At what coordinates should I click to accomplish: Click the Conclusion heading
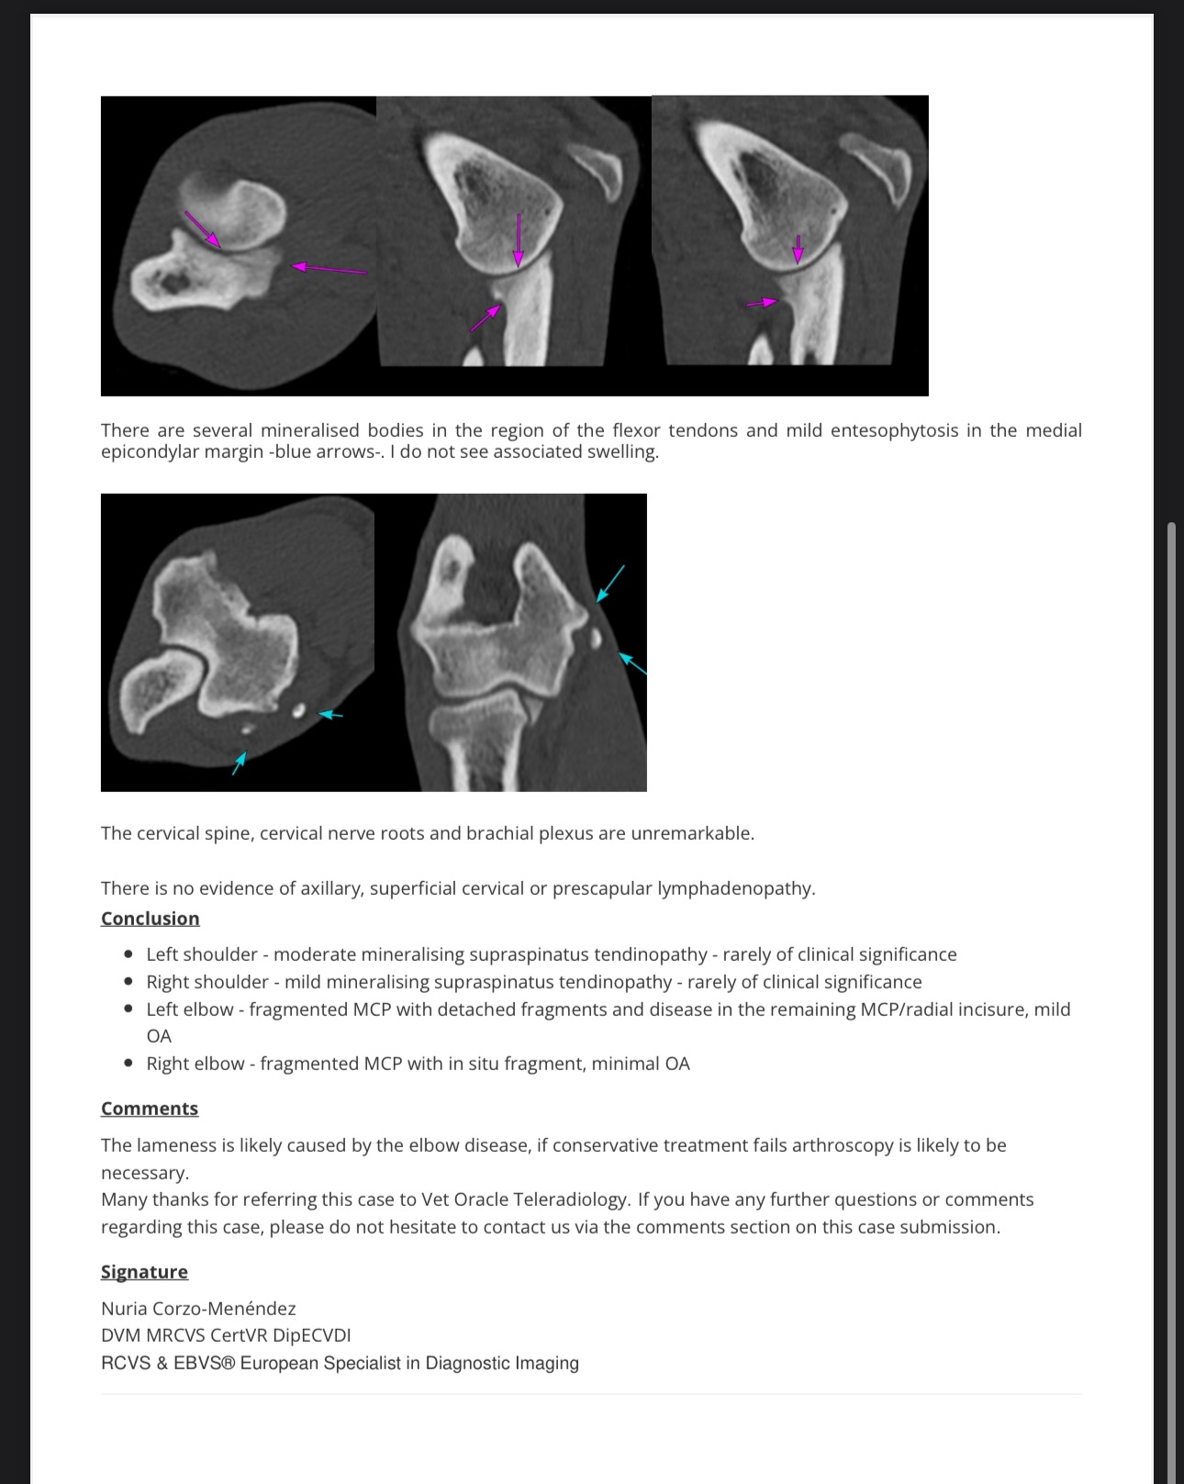[x=150, y=919]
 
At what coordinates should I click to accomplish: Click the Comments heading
[x=149, y=1109]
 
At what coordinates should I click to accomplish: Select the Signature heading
[x=144, y=1272]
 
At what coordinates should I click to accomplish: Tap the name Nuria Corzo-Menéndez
[x=198, y=1309]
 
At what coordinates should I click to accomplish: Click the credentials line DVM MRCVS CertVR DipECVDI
[x=226, y=1335]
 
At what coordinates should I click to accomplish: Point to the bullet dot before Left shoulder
[x=128, y=954]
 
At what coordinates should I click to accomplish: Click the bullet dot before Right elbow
[x=128, y=1064]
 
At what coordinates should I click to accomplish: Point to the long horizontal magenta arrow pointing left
[x=330, y=269]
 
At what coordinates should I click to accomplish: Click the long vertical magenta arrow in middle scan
[x=519, y=240]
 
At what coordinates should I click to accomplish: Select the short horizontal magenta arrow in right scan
[x=761, y=302]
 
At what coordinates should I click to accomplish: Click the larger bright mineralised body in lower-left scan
[x=298, y=709]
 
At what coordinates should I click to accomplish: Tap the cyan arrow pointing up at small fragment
[x=240, y=763]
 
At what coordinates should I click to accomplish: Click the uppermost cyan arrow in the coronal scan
[x=611, y=583]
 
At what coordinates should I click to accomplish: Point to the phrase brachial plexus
[x=529, y=833]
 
